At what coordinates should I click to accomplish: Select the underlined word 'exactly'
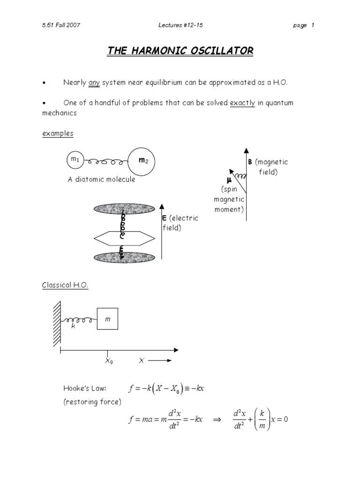click(x=242, y=103)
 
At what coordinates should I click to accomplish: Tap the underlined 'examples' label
click(x=58, y=134)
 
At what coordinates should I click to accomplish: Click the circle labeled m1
click(x=75, y=160)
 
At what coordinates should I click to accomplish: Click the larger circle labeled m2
click(x=142, y=161)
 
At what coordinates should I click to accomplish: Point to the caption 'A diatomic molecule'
click(x=101, y=180)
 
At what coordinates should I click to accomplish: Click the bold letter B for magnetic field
click(x=250, y=162)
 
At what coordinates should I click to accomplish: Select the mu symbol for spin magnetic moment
click(x=229, y=180)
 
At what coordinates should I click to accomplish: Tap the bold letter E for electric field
click(x=165, y=218)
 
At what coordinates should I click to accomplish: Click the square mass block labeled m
click(x=107, y=319)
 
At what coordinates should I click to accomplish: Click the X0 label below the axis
click(x=108, y=361)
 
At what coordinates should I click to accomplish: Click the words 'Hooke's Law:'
click(x=85, y=388)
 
